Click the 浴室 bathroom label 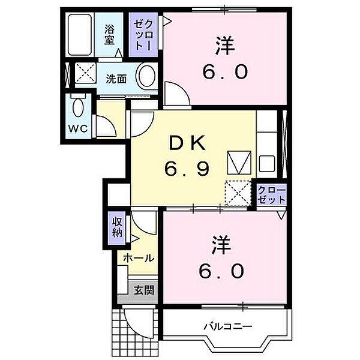pyautogui.click(x=110, y=34)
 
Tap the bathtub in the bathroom pyautogui.click(x=79, y=35)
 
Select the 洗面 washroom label pyautogui.click(x=116, y=79)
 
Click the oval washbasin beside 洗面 pyautogui.click(x=146, y=77)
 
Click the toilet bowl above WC pyautogui.click(x=77, y=109)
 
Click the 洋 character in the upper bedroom pyautogui.click(x=223, y=46)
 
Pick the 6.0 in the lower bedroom pyautogui.click(x=223, y=271)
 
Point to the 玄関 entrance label pyautogui.click(x=144, y=291)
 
